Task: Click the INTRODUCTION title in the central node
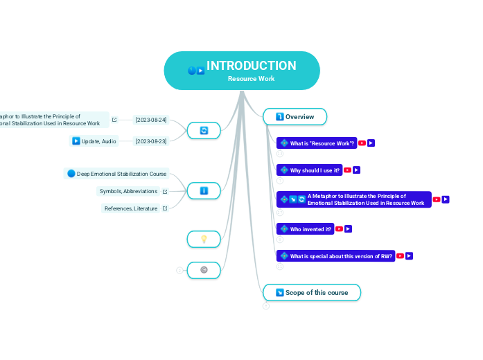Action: pyautogui.click(x=251, y=66)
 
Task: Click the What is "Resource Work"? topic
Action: pyautogui.click(x=322, y=143)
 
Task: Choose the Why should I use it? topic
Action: pyautogui.click(x=315, y=170)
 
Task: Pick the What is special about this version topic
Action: pyautogui.click(x=341, y=256)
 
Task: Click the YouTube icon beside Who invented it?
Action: pyautogui.click(x=339, y=229)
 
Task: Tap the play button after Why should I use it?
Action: pyautogui.click(x=357, y=170)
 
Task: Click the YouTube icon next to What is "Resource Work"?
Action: pyautogui.click(x=362, y=143)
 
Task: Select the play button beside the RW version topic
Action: pyautogui.click(x=410, y=256)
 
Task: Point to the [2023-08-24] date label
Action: pyautogui.click(x=151, y=120)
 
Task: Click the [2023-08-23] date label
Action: pyautogui.click(x=151, y=141)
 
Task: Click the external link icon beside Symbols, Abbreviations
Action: pyautogui.click(x=165, y=192)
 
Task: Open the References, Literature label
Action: pyautogui.click(x=131, y=208)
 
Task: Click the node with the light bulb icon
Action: pyautogui.click(x=204, y=239)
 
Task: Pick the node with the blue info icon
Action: pyautogui.click(x=204, y=190)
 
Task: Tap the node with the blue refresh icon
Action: pyautogui.click(x=204, y=130)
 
